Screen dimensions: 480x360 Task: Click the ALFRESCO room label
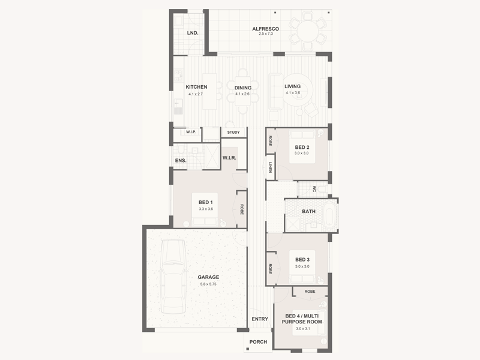pyautogui.click(x=265, y=29)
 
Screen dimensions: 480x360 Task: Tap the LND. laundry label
pyautogui.click(x=193, y=33)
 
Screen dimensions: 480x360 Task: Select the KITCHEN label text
pyautogui.click(x=196, y=87)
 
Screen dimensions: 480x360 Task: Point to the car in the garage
pyautogui.click(x=173, y=277)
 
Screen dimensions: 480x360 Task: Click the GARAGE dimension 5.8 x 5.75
pyautogui.click(x=208, y=284)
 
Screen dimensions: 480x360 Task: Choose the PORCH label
pyautogui.click(x=258, y=342)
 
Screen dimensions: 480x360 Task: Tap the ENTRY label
pyautogui.click(x=260, y=319)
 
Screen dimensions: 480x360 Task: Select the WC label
pyautogui.click(x=314, y=189)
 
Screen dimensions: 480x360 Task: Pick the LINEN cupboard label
pyautogui.click(x=270, y=167)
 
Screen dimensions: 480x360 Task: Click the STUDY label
pyautogui.click(x=233, y=132)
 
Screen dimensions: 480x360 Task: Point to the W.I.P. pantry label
pyautogui.click(x=191, y=132)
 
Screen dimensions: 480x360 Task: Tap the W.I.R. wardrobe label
pyautogui.click(x=229, y=158)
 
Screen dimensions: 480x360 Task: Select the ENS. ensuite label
pyautogui.click(x=181, y=160)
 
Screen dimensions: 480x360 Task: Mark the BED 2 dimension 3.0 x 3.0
pyautogui.click(x=302, y=153)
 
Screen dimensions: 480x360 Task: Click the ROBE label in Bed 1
pyautogui.click(x=242, y=209)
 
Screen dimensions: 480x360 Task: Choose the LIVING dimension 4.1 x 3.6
pyautogui.click(x=293, y=93)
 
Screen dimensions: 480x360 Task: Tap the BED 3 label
pyautogui.click(x=302, y=260)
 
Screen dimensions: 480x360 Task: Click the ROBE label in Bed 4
pyautogui.click(x=310, y=292)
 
